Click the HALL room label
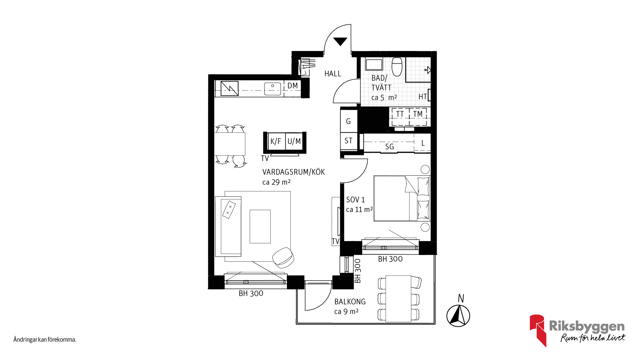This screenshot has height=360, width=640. pos(333,74)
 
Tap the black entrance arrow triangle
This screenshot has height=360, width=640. pos(340,41)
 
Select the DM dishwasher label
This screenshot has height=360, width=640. pos(293,86)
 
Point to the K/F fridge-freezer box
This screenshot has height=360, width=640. pos(276,141)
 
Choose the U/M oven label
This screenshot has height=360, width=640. pos(294,141)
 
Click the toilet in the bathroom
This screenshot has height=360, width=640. pos(397,67)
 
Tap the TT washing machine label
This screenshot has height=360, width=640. pos(400,114)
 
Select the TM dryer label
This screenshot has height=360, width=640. pos(418,114)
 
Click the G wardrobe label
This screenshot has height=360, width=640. pos(348,121)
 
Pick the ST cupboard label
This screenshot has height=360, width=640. pos(348,141)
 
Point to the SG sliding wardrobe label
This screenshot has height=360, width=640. pos(389,147)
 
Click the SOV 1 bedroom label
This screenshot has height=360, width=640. pos(355,200)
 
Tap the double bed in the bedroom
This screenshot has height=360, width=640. pos(402,198)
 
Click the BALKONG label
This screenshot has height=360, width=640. pos(350,302)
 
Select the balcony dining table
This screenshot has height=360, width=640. pos(398,299)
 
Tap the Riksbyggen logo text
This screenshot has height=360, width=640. pos(587,326)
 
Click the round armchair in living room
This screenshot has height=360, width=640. pos(283,258)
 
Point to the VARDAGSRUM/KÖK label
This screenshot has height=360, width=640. pos(293,172)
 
